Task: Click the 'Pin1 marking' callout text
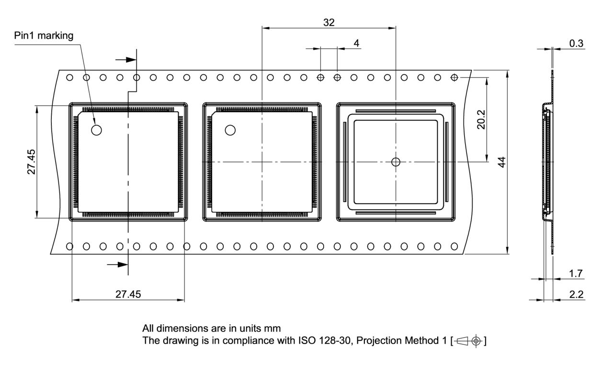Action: (x=44, y=36)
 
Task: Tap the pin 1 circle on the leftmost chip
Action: (x=97, y=130)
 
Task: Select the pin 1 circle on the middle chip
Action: (x=230, y=130)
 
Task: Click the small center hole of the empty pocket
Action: (x=396, y=162)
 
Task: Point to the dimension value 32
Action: (x=329, y=22)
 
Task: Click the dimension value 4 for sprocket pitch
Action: (x=356, y=43)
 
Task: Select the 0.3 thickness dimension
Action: (x=576, y=44)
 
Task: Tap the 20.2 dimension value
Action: (x=481, y=120)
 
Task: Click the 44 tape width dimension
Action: (x=501, y=162)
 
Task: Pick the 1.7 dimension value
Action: (x=576, y=274)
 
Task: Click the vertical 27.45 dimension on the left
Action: (x=31, y=162)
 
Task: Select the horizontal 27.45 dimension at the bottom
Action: (x=128, y=295)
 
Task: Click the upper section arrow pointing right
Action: (x=125, y=60)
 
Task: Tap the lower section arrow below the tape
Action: (x=117, y=264)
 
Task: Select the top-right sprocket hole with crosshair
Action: (x=454, y=78)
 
